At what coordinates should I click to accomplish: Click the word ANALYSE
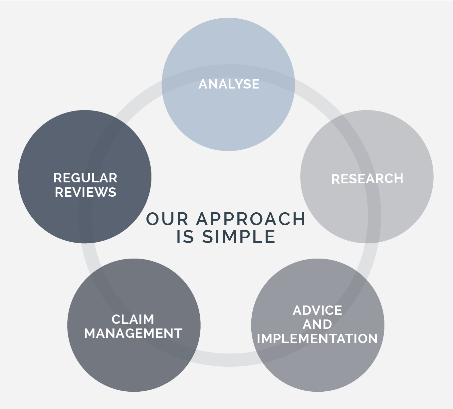(x=229, y=84)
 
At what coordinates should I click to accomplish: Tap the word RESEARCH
(x=367, y=179)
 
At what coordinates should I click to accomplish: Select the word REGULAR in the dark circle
(x=85, y=178)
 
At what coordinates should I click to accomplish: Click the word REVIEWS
(x=86, y=192)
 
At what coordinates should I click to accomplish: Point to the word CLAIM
(x=133, y=319)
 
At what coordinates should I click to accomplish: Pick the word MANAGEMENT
(x=133, y=333)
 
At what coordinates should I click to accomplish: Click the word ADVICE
(x=317, y=310)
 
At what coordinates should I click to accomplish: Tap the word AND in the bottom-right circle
(x=317, y=324)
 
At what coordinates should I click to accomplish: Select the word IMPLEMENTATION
(x=317, y=339)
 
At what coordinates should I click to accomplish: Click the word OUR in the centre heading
(x=167, y=219)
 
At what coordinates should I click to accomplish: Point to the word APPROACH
(x=251, y=219)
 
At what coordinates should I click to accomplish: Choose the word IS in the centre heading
(x=185, y=237)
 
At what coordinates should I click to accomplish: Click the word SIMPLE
(x=239, y=237)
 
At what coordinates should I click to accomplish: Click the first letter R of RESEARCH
(x=336, y=179)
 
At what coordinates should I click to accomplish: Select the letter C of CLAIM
(x=116, y=319)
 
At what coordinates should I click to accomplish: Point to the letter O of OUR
(x=153, y=219)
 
